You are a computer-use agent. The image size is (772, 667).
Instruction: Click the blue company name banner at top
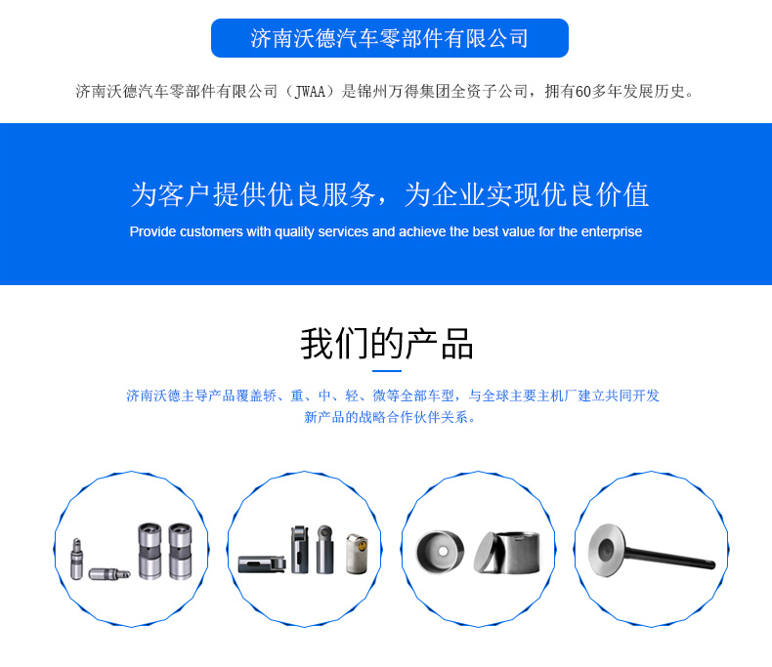[390, 38]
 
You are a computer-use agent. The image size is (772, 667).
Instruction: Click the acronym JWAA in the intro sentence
[310, 92]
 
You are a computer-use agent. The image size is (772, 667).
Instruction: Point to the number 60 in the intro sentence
[583, 92]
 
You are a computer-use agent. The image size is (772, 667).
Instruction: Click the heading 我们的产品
[387, 344]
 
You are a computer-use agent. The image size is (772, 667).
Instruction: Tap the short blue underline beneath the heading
[387, 371]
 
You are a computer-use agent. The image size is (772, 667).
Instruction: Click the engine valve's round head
[607, 550]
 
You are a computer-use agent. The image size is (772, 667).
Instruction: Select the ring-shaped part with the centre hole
[440, 552]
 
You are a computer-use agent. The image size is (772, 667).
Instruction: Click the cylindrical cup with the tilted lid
[507, 552]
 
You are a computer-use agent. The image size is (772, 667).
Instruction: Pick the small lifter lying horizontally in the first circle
[109, 573]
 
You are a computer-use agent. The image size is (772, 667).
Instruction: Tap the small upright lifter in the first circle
[77, 559]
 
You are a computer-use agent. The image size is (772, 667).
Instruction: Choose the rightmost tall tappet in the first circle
[180, 551]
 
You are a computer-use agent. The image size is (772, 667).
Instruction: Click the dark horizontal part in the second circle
[262, 564]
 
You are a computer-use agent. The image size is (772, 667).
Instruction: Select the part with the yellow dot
[357, 554]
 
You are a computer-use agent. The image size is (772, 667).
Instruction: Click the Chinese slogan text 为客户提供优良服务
[253, 194]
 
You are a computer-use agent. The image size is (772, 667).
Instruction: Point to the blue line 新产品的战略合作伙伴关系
[390, 418]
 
